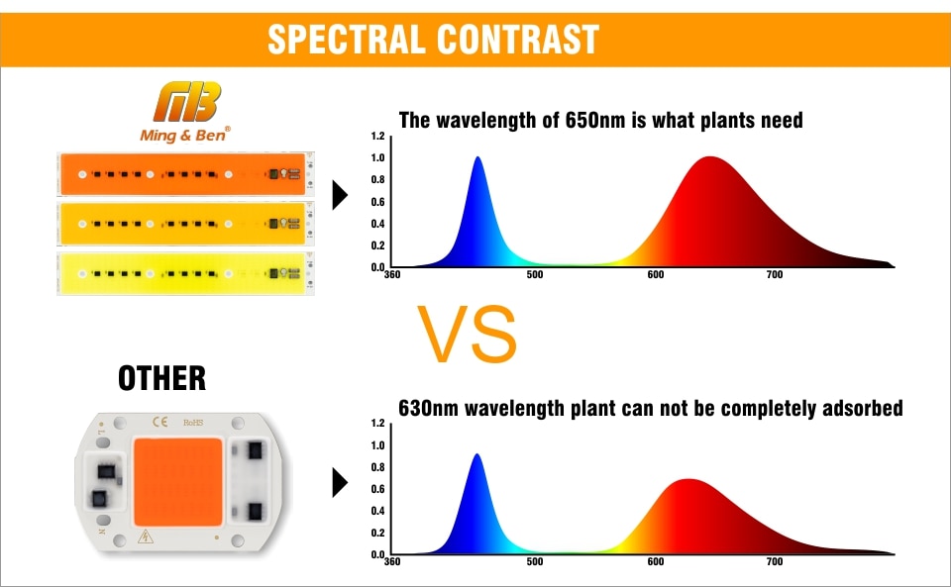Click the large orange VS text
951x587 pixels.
pyautogui.click(x=467, y=334)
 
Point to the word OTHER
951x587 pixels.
pyautogui.click(x=161, y=378)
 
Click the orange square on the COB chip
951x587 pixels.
pyautogui.click(x=178, y=482)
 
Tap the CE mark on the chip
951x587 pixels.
pyautogui.click(x=160, y=422)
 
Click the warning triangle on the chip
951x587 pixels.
pyautogui.click(x=146, y=537)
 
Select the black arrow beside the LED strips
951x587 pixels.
pyautogui.click(x=340, y=195)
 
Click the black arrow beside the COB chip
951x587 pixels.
pyautogui.click(x=340, y=483)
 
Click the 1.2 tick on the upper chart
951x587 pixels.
pyautogui.click(x=377, y=136)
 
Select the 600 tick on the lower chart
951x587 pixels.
pyautogui.click(x=655, y=561)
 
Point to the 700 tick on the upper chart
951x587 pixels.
pyautogui.click(x=774, y=274)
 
